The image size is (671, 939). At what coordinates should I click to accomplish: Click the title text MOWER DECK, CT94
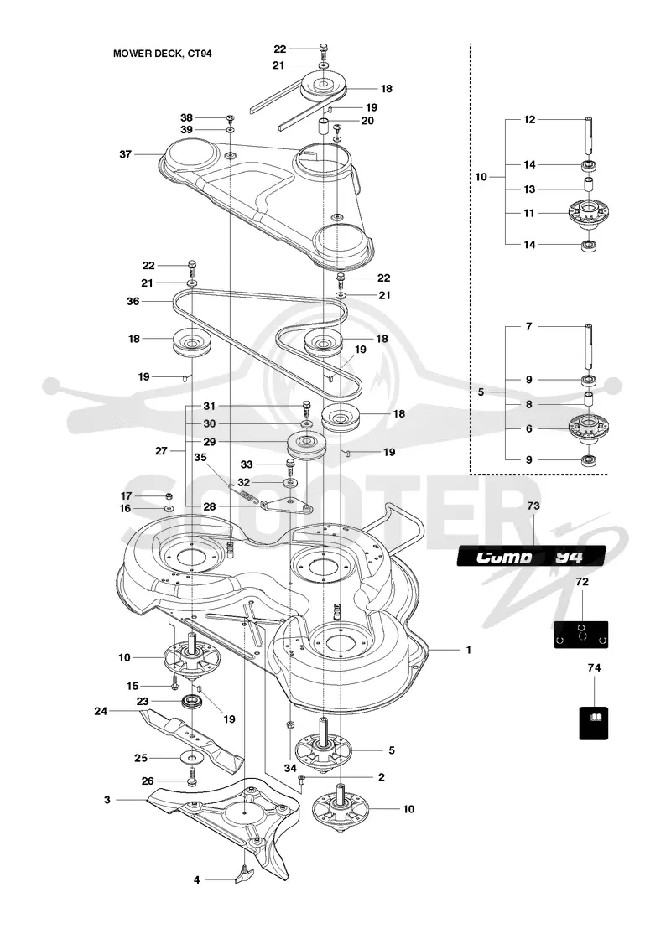point(163,54)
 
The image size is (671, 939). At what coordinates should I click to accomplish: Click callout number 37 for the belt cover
point(125,154)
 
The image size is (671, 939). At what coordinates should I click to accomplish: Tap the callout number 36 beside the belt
point(133,301)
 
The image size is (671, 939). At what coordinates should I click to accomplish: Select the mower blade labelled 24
point(192,734)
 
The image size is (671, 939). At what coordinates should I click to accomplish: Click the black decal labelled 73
point(531,557)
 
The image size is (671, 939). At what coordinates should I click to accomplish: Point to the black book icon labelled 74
point(594,723)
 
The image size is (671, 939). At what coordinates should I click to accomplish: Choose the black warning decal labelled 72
point(580,634)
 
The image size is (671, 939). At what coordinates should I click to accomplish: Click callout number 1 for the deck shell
point(469,650)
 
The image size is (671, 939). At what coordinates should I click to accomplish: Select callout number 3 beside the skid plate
point(107,800)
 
